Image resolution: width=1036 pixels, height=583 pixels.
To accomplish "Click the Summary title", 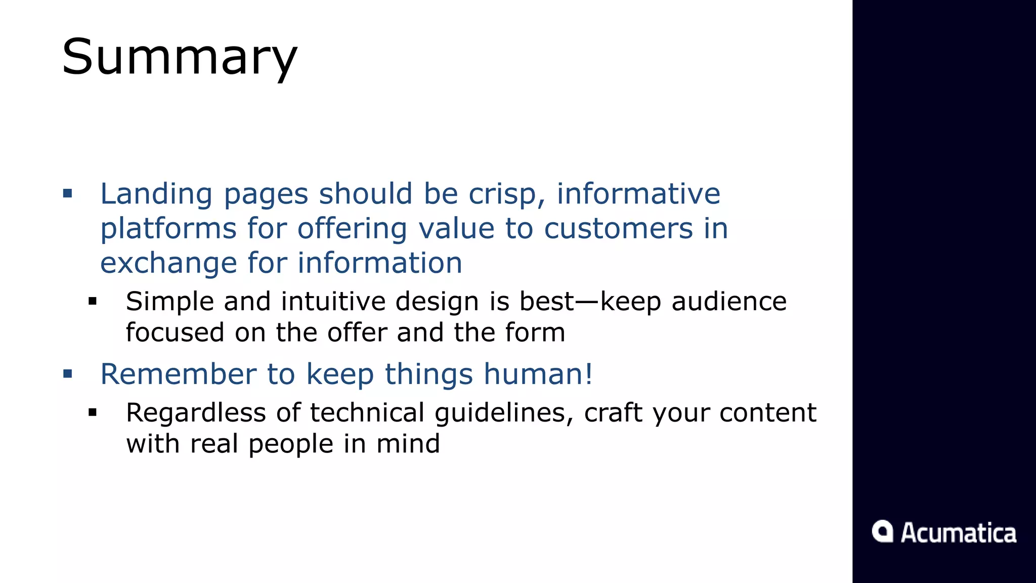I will click(x=180, y=57).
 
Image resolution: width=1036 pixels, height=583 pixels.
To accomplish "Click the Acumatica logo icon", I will click(x=882, y=531).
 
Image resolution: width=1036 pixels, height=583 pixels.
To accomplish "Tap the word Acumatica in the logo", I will click(x=959, y=533).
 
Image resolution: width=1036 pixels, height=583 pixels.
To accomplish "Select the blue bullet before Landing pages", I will click(x=68, y=193).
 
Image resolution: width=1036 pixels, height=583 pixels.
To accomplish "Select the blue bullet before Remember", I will click(x=68, y=374).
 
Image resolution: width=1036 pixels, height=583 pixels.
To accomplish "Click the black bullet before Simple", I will click(x=92, y=302).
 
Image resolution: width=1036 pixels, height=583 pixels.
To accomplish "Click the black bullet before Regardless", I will click(x=92, y=413).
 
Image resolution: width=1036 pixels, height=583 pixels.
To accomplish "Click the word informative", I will click(x=638, y=193).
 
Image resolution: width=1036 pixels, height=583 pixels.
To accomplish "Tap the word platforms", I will click(x=168, y=229).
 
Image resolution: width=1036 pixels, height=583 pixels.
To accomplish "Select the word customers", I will click(x=618, y=229).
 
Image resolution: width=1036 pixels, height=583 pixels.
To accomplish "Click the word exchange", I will click(x=168, y=263).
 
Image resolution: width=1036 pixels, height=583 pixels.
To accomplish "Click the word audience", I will click(x=729, y=302).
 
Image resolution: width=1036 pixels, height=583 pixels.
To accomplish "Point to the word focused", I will click(x=175, y=333).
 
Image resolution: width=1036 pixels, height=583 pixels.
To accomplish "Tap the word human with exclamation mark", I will click(x=538, y=374).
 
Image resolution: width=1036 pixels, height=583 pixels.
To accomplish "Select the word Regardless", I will click(x=196, y=413).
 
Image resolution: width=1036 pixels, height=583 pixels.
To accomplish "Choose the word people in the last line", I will click(x=291, y=444).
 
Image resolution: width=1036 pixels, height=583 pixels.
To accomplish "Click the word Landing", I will click(x=156, y=194).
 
